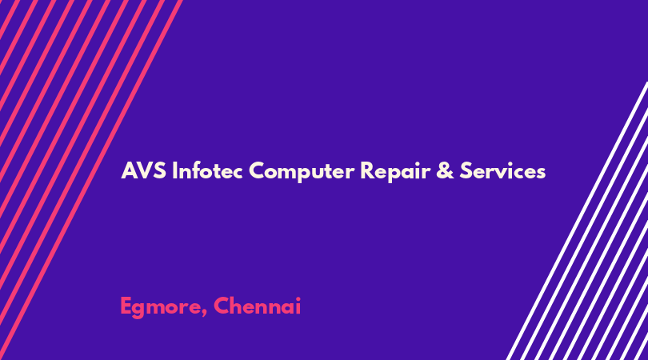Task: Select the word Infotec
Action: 207,170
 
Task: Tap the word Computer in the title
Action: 302,172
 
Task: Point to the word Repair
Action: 395,172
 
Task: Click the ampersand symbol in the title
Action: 445,170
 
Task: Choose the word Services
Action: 503,170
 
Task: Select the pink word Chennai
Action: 257,306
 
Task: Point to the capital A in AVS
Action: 129,170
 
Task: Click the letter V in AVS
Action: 144,170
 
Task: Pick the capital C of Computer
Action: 257,170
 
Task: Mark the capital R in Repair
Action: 367,170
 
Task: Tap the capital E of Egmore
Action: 126,306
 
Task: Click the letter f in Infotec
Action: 195,170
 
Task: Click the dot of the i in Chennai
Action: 297,298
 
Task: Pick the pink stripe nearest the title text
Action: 91,180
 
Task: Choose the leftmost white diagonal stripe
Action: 577,221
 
